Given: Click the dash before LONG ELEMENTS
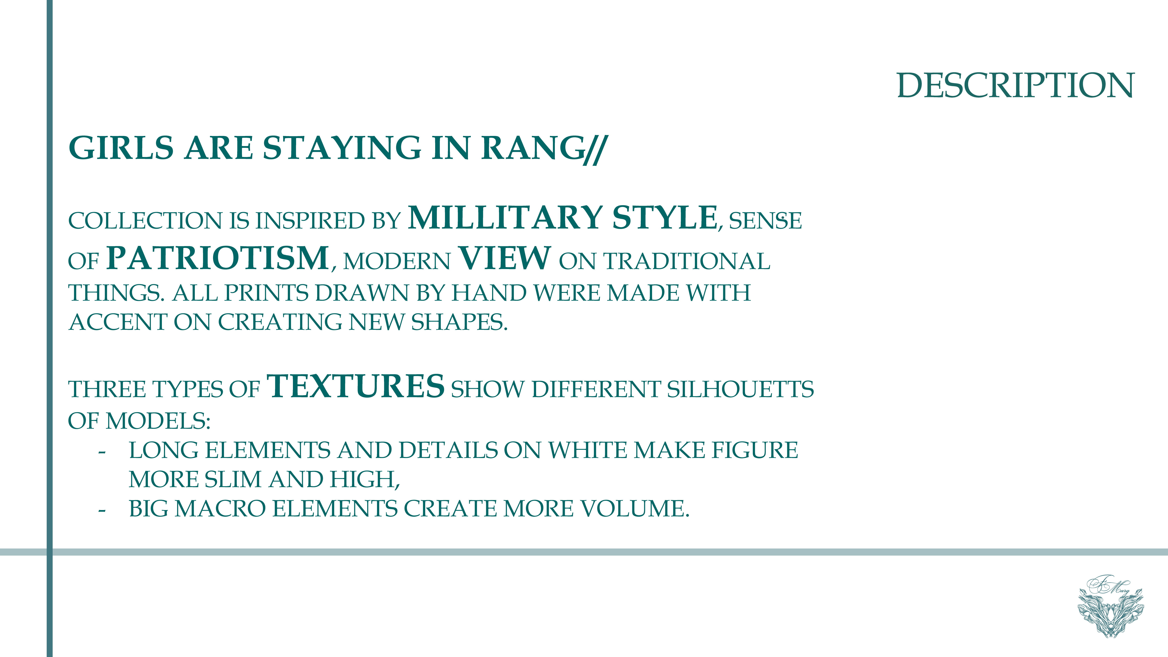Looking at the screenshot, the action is [102, 452].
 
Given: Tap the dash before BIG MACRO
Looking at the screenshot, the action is [102, 510].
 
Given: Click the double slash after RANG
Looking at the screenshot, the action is [595, 149].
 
